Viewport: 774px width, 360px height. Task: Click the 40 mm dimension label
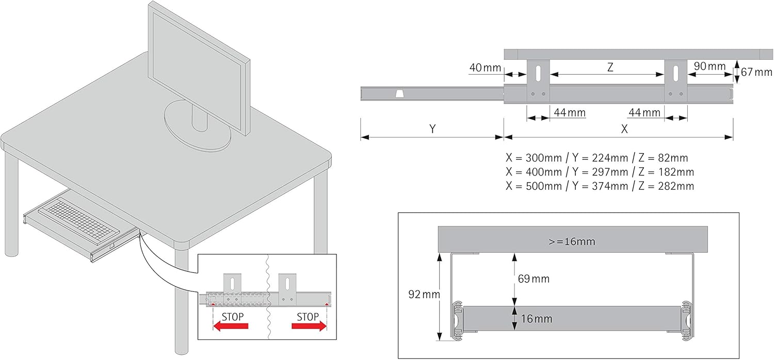coord(485,68)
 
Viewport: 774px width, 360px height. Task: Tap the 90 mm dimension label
coord(709,66)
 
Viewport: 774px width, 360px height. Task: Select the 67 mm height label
coord(756,72)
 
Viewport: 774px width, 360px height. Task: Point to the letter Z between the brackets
coord(610,67)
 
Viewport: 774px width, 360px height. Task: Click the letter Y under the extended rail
coord(432,129)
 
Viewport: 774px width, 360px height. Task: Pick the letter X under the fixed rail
coord(624,129)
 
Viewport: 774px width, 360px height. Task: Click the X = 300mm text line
coord(596,158)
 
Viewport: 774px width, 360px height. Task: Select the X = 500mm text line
coord(600,186)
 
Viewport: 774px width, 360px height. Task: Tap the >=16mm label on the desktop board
coord(572,241)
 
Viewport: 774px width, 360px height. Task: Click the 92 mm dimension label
coord(424,294)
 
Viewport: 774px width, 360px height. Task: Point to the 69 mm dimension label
coord(534,279)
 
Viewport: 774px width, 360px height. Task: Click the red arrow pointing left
coord(231,326)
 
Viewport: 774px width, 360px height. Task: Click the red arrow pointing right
coord(309,326)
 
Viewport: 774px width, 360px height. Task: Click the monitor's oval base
coord(197,126)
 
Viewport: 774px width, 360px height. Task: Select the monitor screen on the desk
coord(199,69)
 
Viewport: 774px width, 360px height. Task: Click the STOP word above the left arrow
coord(233,317)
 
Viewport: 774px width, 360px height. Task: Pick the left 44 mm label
coord(570,112)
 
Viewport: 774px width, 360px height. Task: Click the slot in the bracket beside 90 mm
coord(676,73)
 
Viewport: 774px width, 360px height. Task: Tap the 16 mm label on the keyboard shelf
coord(536,319)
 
